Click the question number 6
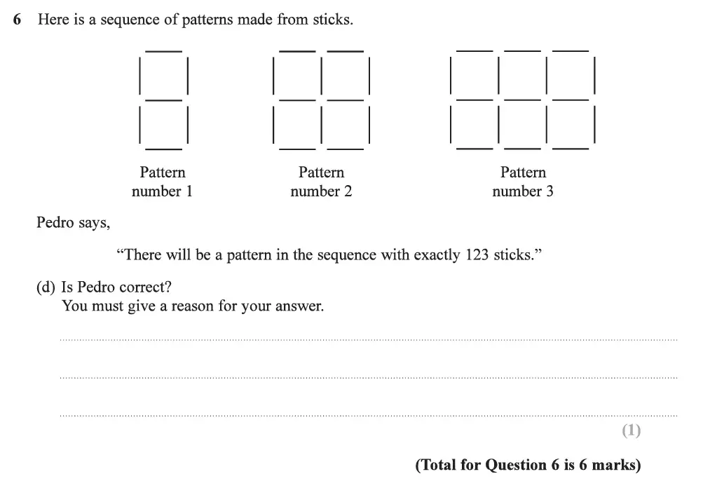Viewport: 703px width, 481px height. tap(17, 20)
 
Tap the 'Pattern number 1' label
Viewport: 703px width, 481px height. tap(162, 182)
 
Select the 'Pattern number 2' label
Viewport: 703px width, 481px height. tap(321, 182)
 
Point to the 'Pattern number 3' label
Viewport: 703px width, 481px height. tap(523, 182)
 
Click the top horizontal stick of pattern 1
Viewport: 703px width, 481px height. tap(163, 51)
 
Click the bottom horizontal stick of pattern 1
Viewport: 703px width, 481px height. tap(163, 149)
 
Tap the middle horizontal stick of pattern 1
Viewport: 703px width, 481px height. tap(163, 100)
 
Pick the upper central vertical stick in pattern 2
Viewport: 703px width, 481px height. tap(322, 76)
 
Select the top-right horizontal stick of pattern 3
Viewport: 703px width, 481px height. tap(571, 51)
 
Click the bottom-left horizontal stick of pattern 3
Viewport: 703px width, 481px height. tap(475, 149)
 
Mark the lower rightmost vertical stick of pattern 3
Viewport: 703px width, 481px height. tap(594, 125)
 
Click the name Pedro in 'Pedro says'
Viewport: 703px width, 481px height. tap(55, 223)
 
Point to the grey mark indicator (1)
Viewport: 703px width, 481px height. tap(632, 431)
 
